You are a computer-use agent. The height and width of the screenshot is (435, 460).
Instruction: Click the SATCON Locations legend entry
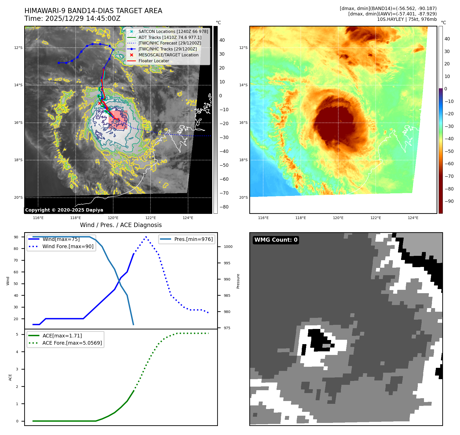(x=173, y=31)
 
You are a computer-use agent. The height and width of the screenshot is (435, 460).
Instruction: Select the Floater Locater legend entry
(x=154, y=61)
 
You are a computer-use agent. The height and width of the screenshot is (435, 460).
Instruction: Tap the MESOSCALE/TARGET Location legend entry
(x=168, y=55)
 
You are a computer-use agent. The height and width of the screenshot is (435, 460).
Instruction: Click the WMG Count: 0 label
(x=276, y=240)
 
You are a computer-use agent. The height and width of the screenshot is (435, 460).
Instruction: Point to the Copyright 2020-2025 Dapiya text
(x=64, y=210)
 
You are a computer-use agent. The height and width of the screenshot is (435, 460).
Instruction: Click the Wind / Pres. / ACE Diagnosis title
(x=121, y=225)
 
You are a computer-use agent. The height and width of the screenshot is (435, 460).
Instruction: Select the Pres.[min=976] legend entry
(x=193, y=239)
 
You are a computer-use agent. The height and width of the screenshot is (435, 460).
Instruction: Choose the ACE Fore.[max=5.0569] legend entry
(x=72, y=343)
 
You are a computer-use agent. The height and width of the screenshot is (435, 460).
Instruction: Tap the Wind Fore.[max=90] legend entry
(x=68, y=246)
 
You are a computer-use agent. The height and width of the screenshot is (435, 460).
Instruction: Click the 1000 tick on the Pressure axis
(x=228, y=247)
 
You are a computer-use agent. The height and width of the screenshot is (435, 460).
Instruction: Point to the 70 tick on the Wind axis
(x=16, y=260)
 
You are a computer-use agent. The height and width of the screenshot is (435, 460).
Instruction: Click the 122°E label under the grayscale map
(x=151, y=218)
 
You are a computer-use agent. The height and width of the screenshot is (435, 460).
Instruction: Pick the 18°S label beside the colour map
(x=243, y=160)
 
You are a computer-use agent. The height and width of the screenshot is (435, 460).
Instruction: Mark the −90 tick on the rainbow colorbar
(x=449, y=201)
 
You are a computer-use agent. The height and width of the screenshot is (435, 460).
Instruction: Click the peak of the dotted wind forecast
(x=146, y=237)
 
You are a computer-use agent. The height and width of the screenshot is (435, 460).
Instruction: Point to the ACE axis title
(x=10, y=377)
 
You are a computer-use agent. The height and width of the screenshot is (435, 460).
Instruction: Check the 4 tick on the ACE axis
(x=17, y=352)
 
